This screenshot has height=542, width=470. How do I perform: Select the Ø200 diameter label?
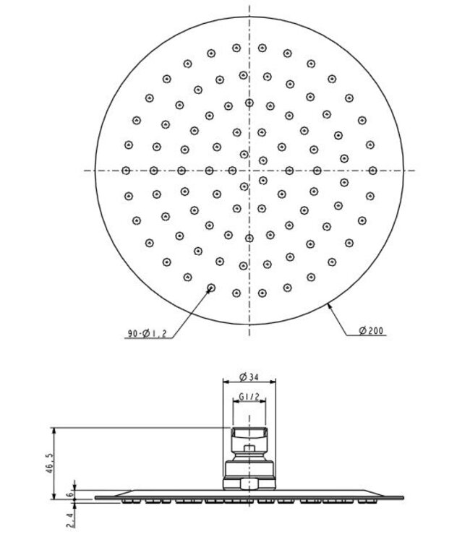coord(371,332)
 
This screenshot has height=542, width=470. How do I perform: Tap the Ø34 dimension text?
coord(249,376)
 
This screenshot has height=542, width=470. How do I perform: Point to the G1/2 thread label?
coord(249,397)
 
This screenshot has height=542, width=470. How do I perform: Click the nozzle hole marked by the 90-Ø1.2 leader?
coord(211,288)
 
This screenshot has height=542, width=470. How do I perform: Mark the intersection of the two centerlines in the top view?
coord(249,171)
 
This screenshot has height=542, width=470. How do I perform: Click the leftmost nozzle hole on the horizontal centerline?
coord(126,171)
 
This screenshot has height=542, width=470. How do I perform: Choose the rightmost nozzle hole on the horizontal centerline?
coord(372,171)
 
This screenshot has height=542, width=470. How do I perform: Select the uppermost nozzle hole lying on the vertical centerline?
coord(249,103)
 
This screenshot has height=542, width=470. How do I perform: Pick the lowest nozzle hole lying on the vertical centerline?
coord(249,238)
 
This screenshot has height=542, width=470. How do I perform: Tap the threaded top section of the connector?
coord(249,435)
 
